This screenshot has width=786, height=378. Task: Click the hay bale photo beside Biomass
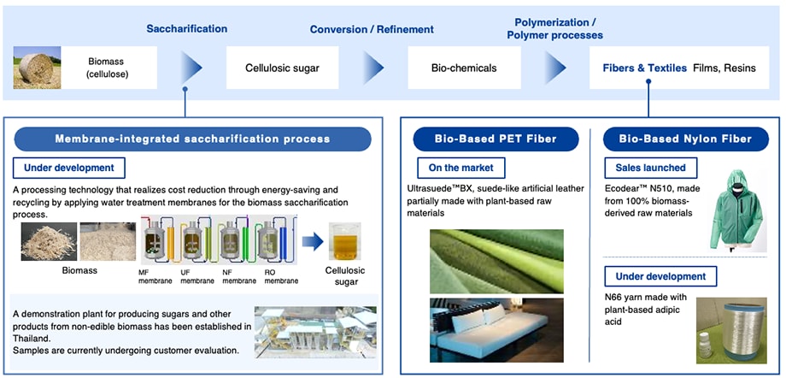37,68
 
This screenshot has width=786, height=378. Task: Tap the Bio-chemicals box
464,68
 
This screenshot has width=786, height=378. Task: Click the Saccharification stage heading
186,28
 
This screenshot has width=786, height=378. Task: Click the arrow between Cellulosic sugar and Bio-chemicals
373,68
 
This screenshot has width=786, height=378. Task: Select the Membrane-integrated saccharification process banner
192,139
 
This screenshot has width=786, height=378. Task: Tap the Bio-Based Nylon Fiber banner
686,139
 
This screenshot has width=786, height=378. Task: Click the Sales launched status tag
653,168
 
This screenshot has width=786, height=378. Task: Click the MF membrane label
155,276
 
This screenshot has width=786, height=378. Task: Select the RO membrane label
282,276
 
